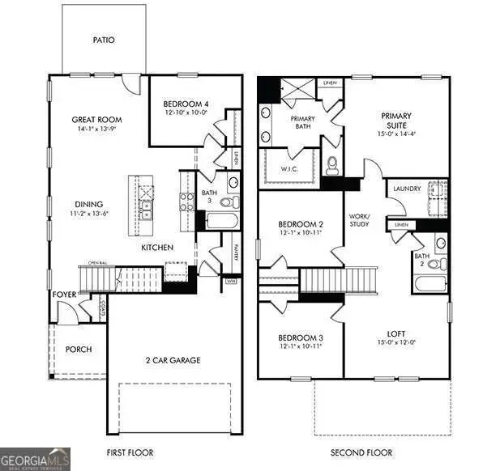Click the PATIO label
(103, 38)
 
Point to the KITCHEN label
(156, 247)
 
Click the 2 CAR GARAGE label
(173, 360)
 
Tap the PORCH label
(79, 350)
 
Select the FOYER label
(64, 295)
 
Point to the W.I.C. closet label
(292, 168)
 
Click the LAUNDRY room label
(407, 189)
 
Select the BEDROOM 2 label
(301, 224)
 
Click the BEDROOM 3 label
(301, 337)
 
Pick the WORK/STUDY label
(359, 219)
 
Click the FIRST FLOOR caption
(130, 452)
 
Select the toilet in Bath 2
(434, 264)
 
